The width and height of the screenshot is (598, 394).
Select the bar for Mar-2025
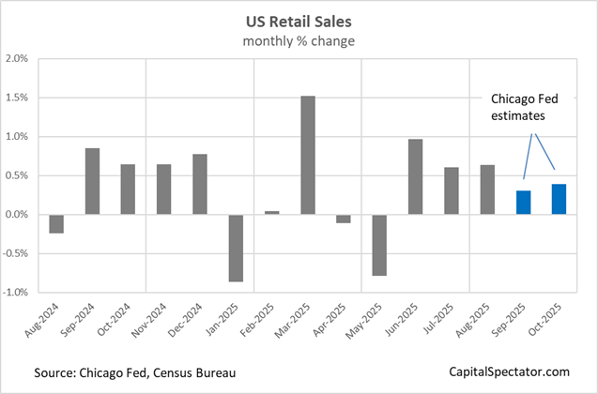click(x=307, y=155)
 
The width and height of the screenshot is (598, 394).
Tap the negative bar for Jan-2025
click(x=236, y=248)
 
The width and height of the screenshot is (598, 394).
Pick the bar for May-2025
click(x=379, y=245)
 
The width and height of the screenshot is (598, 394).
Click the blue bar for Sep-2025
click(x=524, y=203)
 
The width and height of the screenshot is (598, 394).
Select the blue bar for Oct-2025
click(x=560, y=199)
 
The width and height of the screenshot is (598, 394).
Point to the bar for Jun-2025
click(x=415, y=176)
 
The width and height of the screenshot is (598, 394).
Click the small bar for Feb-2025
click(x=272, y=213)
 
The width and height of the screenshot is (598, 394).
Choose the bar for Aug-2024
click(x=56, y=223)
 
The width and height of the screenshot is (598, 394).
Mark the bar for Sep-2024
click(x=92, y=181)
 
